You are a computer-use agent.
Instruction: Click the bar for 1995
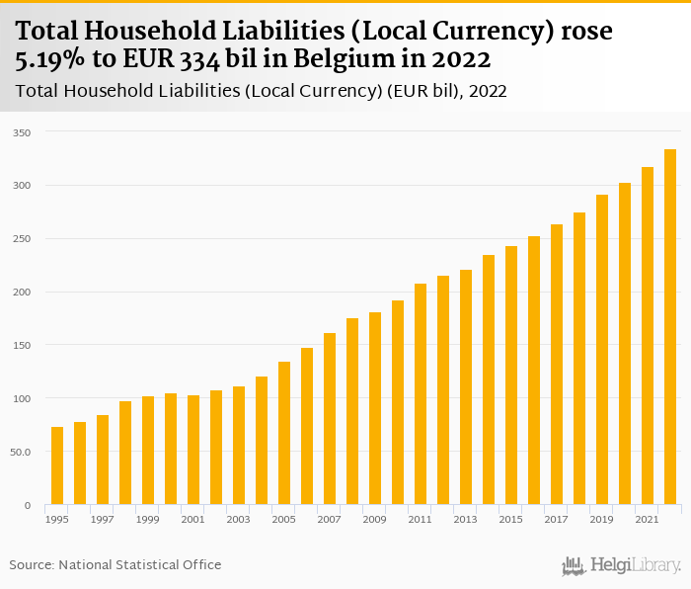click(x=57, y=465)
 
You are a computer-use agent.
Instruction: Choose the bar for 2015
click(x=511, y=376)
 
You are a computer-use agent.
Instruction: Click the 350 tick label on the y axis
click(x=22, y=132)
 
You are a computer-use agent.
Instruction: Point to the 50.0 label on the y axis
click(x=20, y=452)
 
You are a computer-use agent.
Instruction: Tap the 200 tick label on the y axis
click(x=22, y=292)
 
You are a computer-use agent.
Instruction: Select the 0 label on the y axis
click(x=28, y=505)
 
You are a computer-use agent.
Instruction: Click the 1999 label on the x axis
click(x=148, y=519)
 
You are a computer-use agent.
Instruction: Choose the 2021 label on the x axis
click(x=648, y=519)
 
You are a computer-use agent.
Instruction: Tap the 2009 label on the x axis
click(x=375, y=519)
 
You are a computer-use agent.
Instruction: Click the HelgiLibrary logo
click(x=622, y=565)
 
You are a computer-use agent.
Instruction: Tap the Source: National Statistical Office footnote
click(x=115, y=564)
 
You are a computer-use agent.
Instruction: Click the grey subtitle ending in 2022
click(x=262, y=91)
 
